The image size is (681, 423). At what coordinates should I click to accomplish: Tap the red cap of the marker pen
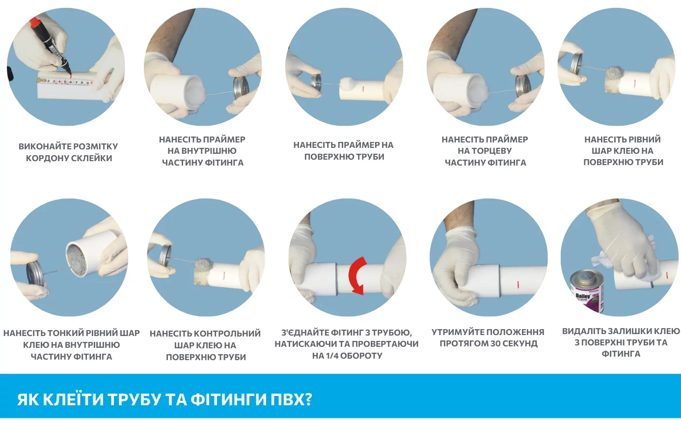[x=35, y=22]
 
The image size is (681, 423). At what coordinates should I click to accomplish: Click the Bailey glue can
[x=586, y=291]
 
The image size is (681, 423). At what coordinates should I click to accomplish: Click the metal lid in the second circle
[x=241, y=86]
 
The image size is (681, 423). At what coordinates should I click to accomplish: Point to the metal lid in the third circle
[x=316, y=82]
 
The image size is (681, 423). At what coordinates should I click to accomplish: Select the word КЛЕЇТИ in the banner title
[x=74, y=399]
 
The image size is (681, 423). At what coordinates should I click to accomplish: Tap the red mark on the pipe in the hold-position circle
[x=518, y=284]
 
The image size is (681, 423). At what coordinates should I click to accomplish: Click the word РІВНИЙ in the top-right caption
[x=642, y=140]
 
